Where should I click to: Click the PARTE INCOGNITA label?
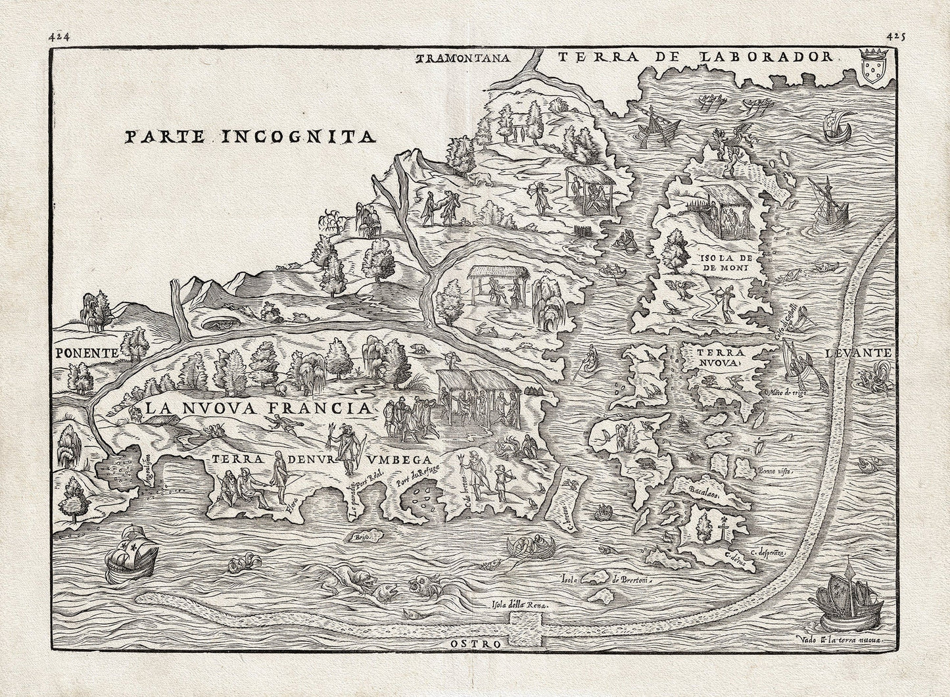tap(250, 137)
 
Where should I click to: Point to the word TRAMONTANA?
tap(464, 58)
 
